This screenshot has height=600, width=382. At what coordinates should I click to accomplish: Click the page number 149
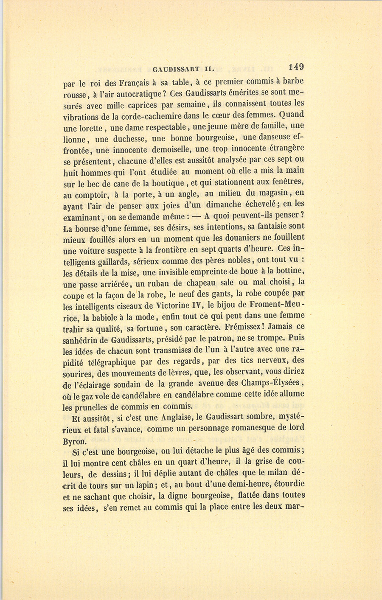coord(296,67)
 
